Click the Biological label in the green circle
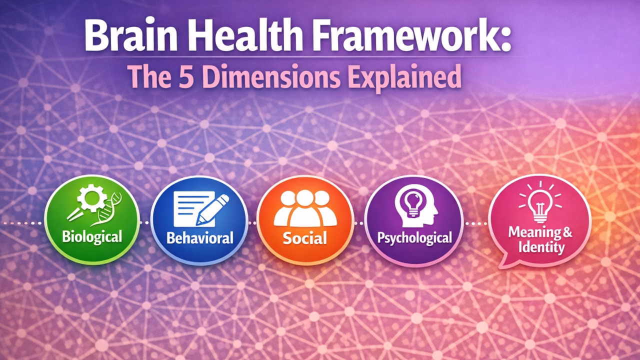click(x=92, y=236)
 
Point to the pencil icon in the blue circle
click(x=212, y=208)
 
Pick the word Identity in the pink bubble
click(x=541, y=247)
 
